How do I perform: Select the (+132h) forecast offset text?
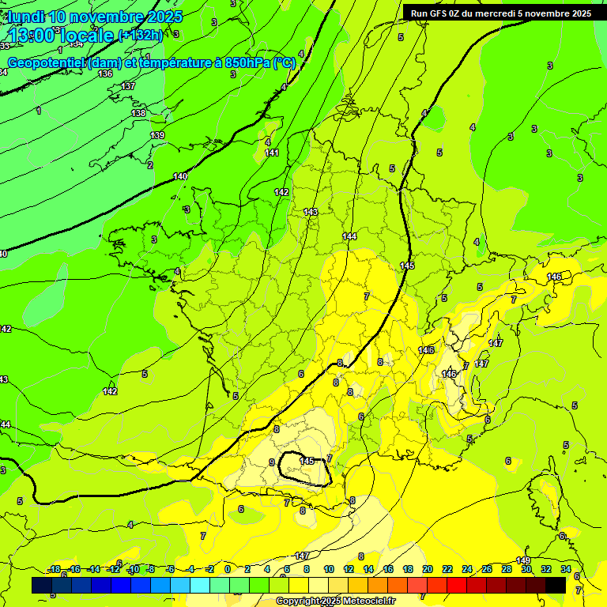coord(141,36)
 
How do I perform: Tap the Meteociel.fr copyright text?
coord(348,601)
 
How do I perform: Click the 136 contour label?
coord(105,74)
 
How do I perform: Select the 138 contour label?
coord(138,114)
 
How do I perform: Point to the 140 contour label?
coord(180,176)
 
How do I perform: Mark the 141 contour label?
coord(272,153)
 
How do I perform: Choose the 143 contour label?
coord(311,212)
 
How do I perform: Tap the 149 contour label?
coord(523,560)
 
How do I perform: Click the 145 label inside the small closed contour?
coord(307,461)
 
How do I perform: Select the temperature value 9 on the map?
coord(272,463)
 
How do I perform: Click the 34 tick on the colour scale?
coord(566,569)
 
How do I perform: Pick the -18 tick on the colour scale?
coord(55,569)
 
